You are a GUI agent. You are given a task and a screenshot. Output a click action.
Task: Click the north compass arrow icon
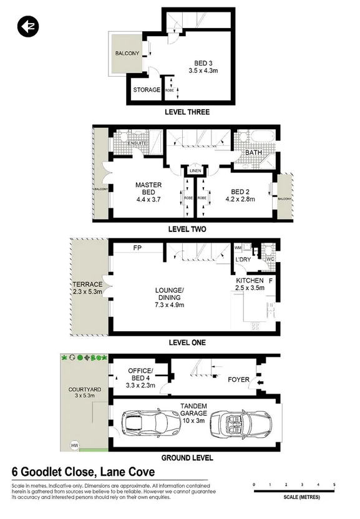27,26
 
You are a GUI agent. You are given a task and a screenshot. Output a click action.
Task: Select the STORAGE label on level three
146,90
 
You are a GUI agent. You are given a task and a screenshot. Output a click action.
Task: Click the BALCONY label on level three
127,54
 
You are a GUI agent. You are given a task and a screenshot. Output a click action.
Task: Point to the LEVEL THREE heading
187,112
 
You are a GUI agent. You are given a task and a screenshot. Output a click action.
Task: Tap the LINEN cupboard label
195,170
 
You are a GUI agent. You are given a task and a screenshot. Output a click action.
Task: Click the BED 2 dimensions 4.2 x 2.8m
240,201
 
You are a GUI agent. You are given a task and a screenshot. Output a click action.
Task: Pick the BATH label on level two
253,152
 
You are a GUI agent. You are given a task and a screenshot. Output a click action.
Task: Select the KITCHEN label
248,281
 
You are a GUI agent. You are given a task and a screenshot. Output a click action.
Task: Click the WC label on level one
270,258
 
